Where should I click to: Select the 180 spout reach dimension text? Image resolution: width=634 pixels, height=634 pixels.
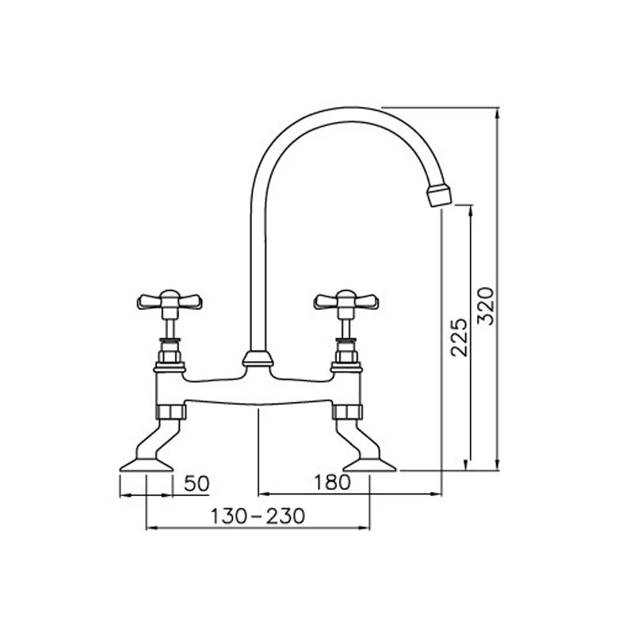(x=330, y=483)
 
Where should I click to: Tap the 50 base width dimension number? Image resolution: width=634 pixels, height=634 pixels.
(x=197, y=483)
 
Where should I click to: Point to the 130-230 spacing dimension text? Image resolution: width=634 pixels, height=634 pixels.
(x=258, y=516)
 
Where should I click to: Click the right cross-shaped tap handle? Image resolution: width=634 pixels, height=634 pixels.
(x=346, y=300)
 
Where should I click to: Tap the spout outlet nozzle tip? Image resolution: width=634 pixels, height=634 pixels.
(x=438, y=195)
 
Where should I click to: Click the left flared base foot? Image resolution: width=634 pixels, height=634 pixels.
(x=146, y=463)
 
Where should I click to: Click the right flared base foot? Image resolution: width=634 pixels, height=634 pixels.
(x=369, y=463)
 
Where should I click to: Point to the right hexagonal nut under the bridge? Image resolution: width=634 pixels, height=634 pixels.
(x=346, y=411)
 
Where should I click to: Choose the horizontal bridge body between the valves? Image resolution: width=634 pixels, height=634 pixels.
(x=258, y=388)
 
